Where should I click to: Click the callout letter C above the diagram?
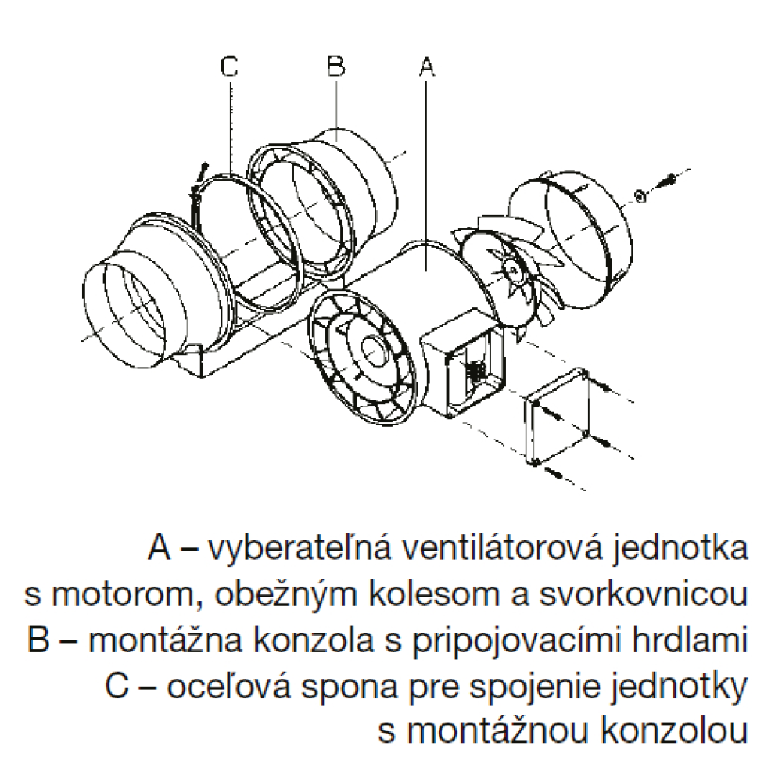tap(229, 66)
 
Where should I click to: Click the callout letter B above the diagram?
tap(336, 66)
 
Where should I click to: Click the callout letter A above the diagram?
tap(426, 66)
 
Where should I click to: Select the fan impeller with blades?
tap(514, 272)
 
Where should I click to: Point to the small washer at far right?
tap(640, 196)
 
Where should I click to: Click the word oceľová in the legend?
tap(228, 687)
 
